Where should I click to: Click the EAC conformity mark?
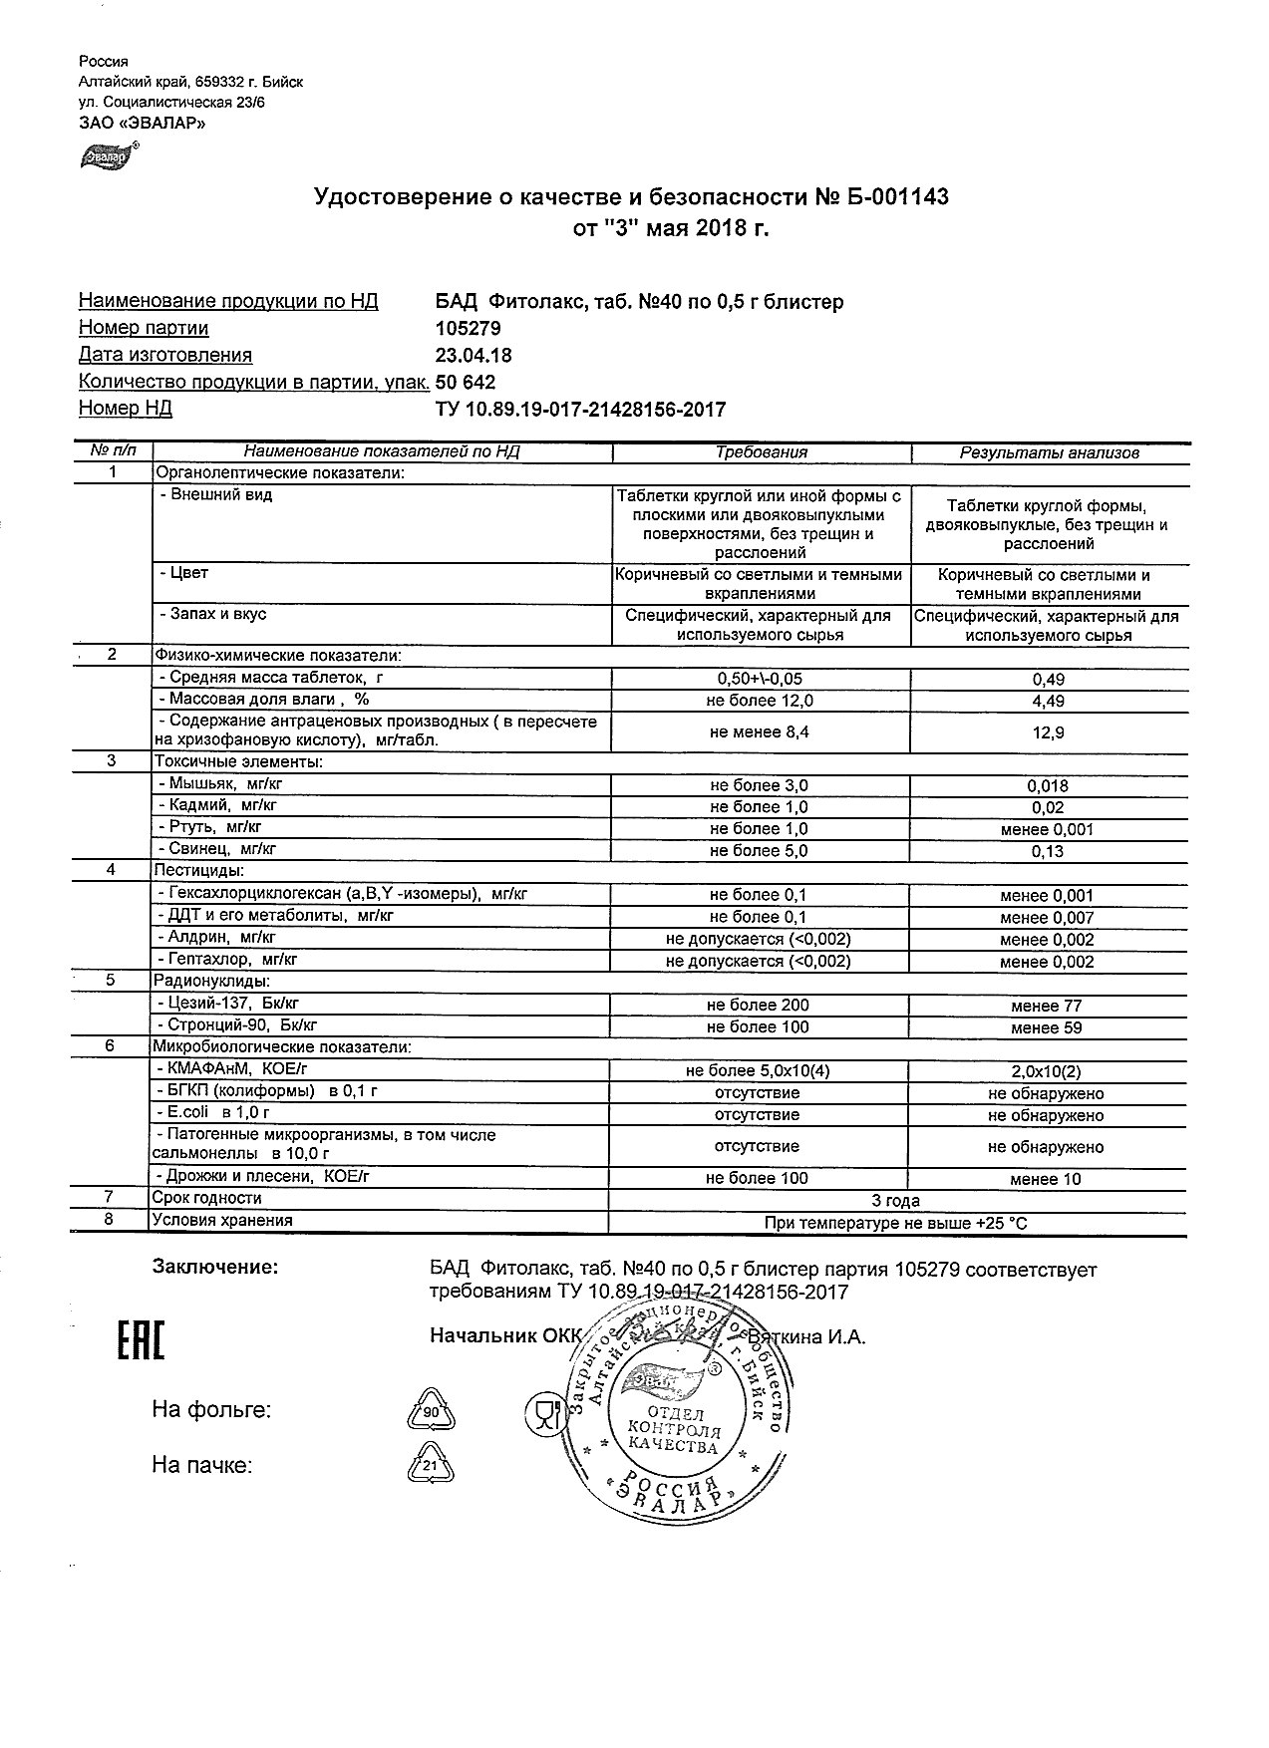(x=141, y=1340)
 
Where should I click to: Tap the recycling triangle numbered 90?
(x=431, y=1413)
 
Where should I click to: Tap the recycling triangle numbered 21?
(x=431, y=1466)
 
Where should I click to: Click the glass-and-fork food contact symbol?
(x=544, y=1414)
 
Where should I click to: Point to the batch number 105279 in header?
(x=469, y=328)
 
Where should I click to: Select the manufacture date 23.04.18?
(x=474, y=355)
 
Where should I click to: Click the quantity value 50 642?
(x=466, y=383)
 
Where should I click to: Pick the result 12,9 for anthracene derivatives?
(x=1048, y=732)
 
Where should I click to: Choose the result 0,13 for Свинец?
(x=1048, y=851)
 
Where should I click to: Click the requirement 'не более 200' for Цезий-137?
(x=758, y=1006)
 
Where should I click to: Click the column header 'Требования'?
(x=762, y=452)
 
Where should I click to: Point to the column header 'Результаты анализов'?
(x=1049, y=452)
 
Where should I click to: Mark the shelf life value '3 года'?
(x=895, y=1201)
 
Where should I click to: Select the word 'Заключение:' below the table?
(x=214, y=1267)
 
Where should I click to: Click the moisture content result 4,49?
(x=1048, y=701)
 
